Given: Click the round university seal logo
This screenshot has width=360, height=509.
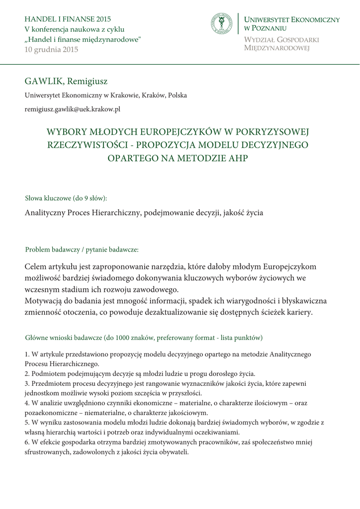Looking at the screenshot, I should pyautogui.click(x=221, y=24).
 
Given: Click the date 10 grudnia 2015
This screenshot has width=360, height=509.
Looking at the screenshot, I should pyautogui.click(x=51, y=49).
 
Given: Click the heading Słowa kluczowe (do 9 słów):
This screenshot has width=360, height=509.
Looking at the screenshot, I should pyautogui.click(x=66, y=198).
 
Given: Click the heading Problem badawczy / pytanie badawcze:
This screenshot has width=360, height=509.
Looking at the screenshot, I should pyautogui.click(x=82, y=249).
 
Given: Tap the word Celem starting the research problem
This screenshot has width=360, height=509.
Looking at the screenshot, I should pyautogui.click(x=38, y=266).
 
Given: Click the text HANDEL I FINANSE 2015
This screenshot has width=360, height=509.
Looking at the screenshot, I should pyautogui.click(x=68, y=19).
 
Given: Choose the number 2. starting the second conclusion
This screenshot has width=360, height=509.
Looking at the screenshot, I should pyautogui.click(x=27, y=373).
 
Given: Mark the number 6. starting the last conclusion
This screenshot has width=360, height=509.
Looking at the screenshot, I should pyautogui.click(x=27, y=442).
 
